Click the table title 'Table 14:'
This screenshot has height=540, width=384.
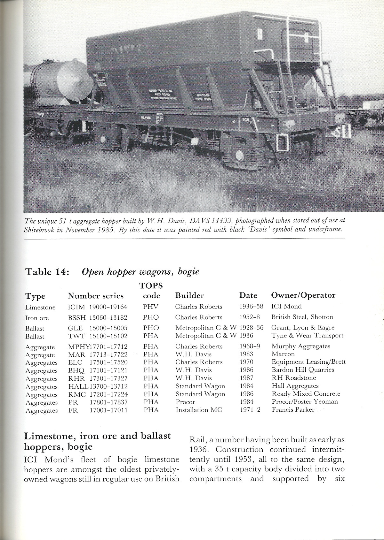click(46, 271)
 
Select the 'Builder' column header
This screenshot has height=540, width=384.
click(189, 295)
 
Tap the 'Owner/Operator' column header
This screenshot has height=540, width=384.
click(303, 295)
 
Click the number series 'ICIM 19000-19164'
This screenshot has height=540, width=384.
click(98, 307)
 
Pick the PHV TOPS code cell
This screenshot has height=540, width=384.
click(151, 307)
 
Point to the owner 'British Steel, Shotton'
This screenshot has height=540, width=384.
click(302, 317)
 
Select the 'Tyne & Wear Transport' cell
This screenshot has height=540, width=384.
click(307, 336)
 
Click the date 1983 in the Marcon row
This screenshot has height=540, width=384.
click(246, 354)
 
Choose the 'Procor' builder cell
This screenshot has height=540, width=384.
click(185, 402)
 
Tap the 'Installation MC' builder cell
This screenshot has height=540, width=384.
click(199, 410)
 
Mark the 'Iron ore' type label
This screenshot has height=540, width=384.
click(37, 318)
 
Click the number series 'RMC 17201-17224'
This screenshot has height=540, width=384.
click(98, 394)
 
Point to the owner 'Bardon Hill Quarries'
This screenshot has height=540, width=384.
click(303, 370)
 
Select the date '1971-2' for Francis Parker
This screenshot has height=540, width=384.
click(250, 410)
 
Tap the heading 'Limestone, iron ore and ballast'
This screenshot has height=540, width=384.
click(98, 436)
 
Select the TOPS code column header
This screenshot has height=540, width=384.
click(151, 290)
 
